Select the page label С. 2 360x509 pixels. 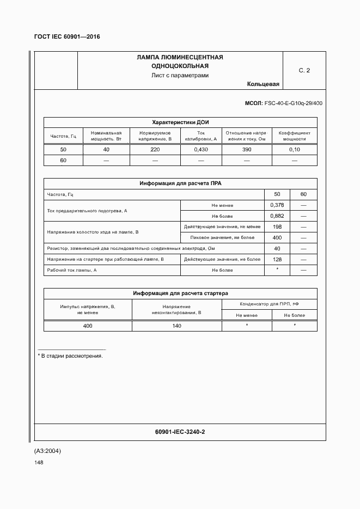(304, 70)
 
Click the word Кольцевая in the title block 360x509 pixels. (263, 84)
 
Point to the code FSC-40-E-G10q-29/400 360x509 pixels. (293, 103)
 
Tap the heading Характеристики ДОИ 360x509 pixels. (180, 122)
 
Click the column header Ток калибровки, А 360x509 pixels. (200, 136)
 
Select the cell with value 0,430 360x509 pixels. (200, 150)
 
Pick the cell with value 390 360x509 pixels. (246, 150)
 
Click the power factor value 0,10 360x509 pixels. (294, 150)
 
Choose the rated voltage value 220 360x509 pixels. (155, 150)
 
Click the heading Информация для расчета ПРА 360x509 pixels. (180, 184)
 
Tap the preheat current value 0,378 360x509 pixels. (277, 205)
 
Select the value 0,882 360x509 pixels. (277, 216)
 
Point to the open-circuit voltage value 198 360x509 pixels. (277, 226)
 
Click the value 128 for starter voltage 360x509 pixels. (277, 259)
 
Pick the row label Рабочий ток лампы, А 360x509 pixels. (72, 270)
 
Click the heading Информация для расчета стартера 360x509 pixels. (180, 293)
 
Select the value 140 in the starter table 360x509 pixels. (177, 326)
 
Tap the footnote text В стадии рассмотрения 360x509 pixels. (71, 355)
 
